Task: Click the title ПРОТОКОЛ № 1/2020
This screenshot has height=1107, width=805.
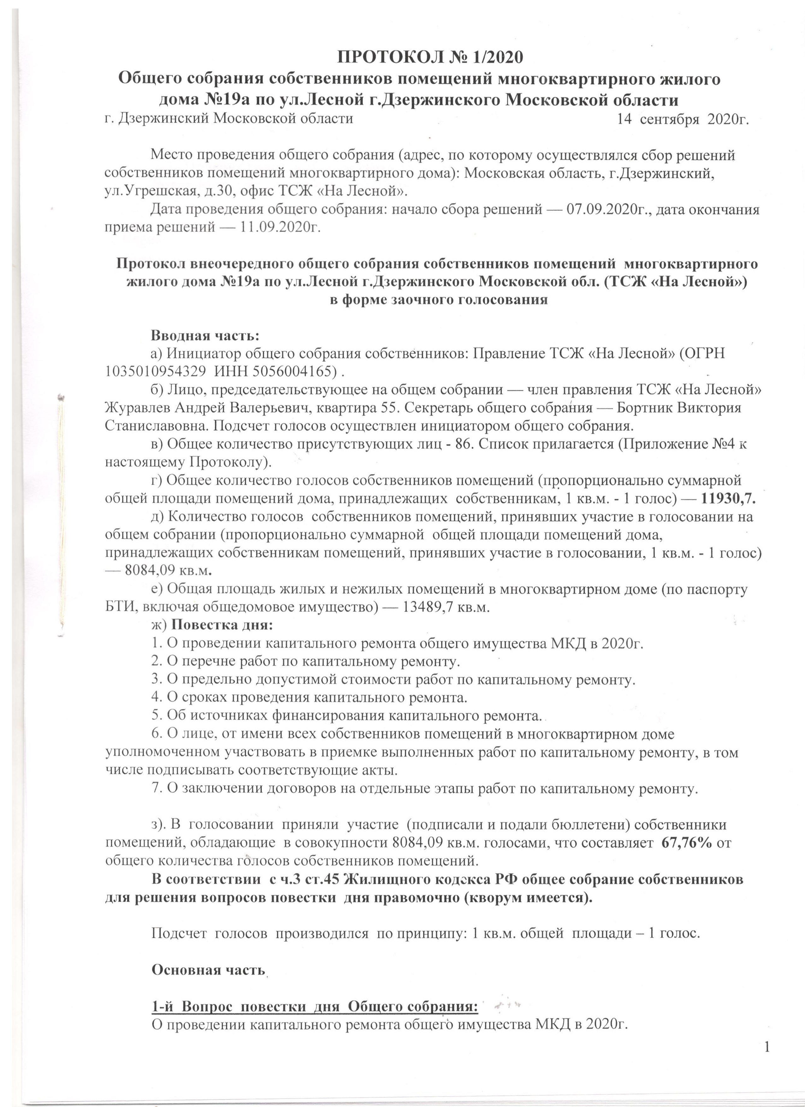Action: pyautogui.click(x=431, y=57)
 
